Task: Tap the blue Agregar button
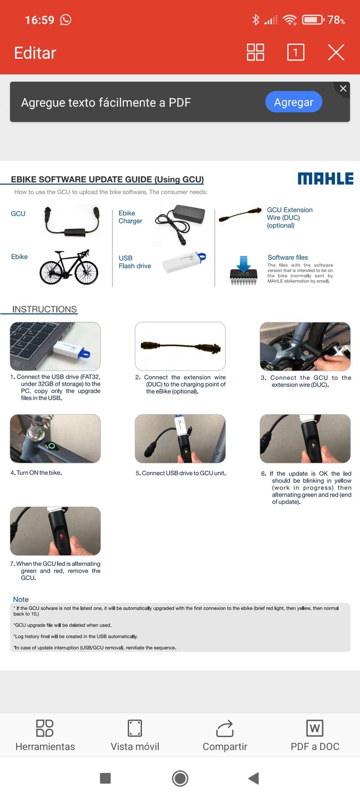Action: [293, 102]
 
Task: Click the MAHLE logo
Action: [325, 179]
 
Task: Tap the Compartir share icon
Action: [225, 728]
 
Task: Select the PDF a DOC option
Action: [315, 735]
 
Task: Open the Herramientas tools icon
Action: [45, 728]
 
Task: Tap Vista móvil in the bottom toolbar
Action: [134, 735]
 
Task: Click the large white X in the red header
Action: [335, 52]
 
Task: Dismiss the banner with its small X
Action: [343, 88]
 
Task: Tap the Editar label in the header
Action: [35, 53]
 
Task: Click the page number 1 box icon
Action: [295, 52]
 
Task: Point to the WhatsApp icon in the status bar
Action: [66, 20]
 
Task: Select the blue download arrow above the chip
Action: [244, 263]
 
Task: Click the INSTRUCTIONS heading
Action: [45, 309]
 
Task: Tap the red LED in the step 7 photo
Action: [61, 537]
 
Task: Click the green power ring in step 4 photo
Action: [52, 446]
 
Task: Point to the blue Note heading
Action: [21, 599]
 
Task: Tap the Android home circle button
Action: [180, 778]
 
